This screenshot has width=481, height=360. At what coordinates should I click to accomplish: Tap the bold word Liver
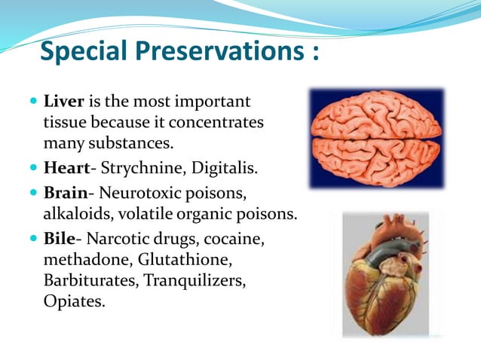(x=65, y=100)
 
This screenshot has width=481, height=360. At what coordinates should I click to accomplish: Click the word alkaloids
(x=76, y=213)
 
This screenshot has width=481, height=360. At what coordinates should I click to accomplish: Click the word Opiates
(x=74, y=301)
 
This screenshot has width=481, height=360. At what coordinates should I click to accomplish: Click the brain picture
(x=376, y=138)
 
